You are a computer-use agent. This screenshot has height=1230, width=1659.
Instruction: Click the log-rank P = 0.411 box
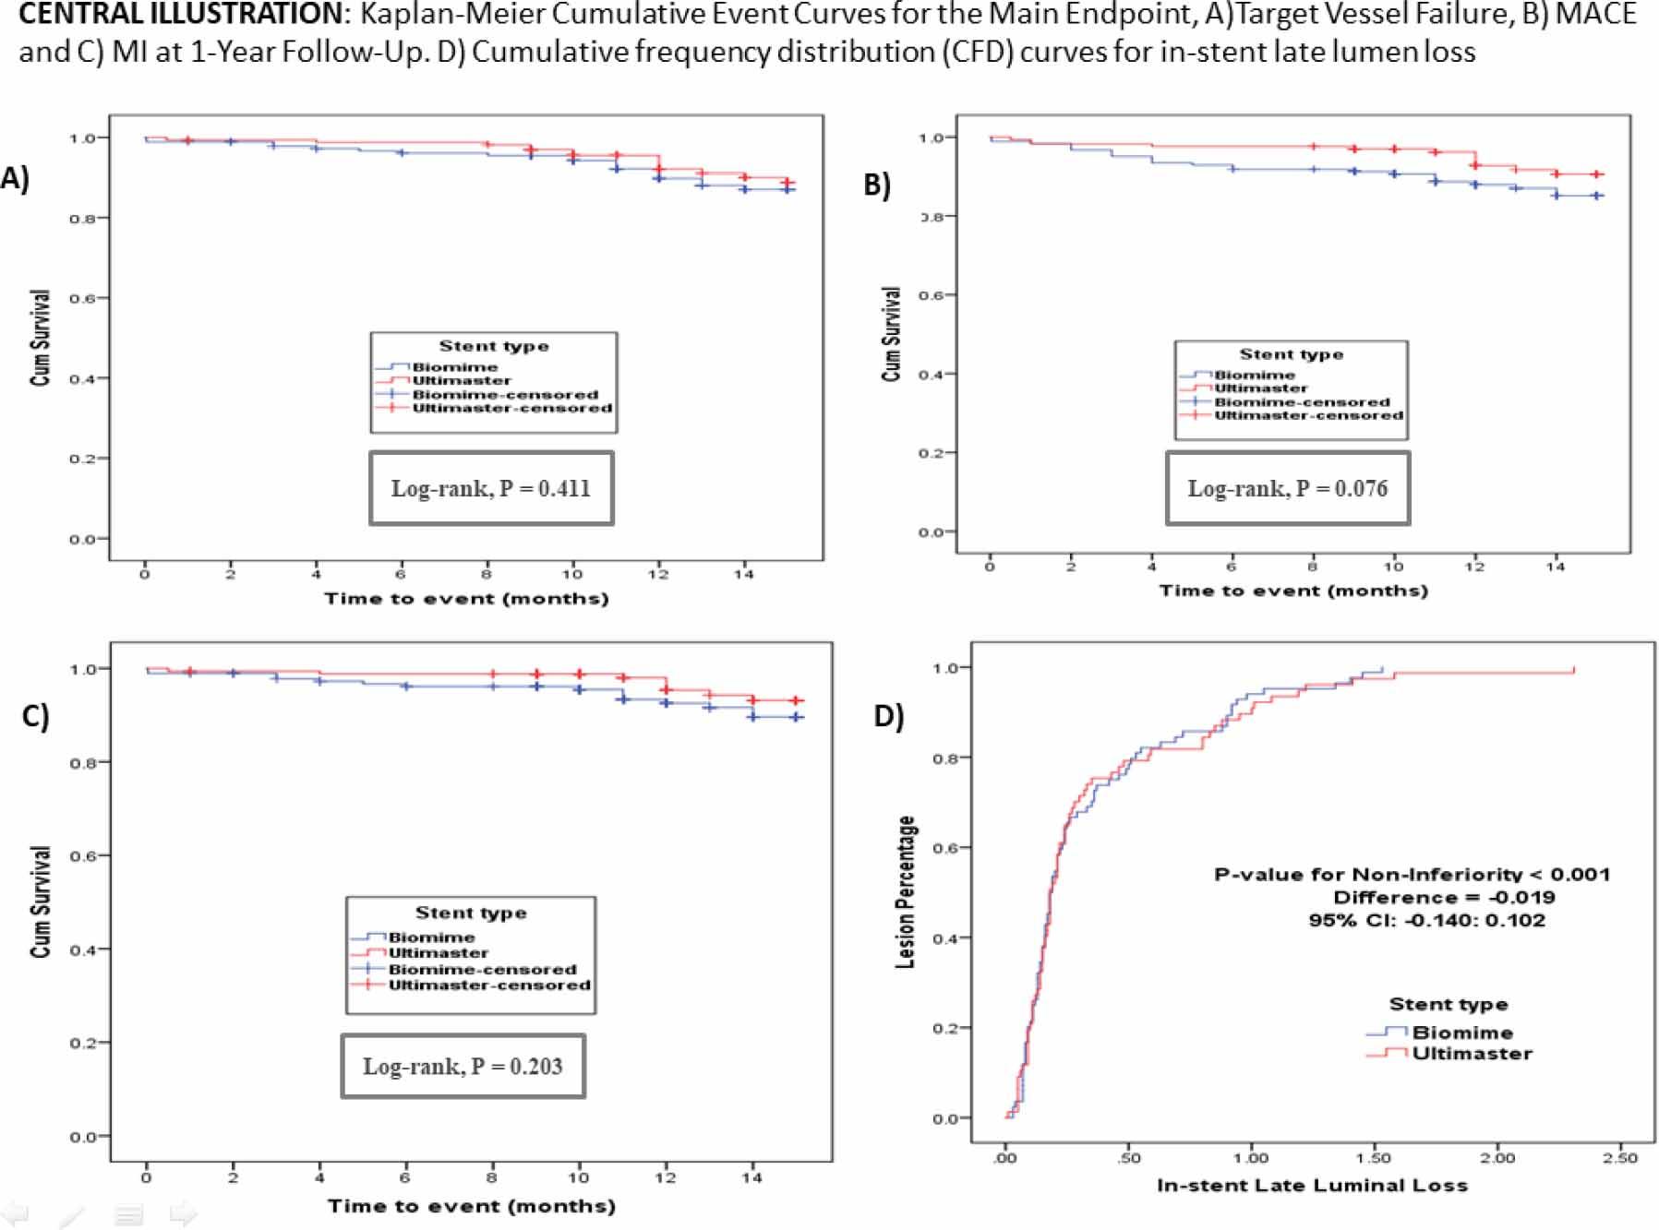coord(491,488)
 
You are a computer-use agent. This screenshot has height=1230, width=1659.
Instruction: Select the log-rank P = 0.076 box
coord(1287,488)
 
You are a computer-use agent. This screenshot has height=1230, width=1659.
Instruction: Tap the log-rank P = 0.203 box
coord(463,1067)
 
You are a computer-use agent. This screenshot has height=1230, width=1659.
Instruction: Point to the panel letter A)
coord(15,178)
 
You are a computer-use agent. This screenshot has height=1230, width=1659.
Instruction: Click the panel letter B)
coord(876,185)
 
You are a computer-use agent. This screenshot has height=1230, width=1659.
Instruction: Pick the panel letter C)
coord(35,716)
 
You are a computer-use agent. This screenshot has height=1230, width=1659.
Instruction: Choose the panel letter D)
coord(888,716)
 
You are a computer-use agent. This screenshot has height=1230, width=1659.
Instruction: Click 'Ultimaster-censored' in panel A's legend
coord(511,408)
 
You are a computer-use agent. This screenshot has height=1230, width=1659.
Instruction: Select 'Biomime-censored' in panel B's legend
coord(1301,402)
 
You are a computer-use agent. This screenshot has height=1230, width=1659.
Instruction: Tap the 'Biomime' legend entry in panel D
coord(1462,1033)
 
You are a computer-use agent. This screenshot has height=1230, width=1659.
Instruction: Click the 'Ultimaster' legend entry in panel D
coord(1472,1054)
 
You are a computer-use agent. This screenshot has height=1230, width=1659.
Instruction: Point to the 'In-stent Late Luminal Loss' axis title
coord(1312,1186)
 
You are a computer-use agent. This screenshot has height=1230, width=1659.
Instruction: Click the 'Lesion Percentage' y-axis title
coord(906,892)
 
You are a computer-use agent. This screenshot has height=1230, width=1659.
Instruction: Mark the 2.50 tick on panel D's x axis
coord(1620,1158)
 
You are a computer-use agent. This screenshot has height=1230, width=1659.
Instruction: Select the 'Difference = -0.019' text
coord(1444,898)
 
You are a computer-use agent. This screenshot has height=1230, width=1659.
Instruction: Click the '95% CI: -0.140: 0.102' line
coord(1426,920)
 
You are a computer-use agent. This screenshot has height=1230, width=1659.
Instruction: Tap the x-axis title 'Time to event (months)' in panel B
coord(1293,591)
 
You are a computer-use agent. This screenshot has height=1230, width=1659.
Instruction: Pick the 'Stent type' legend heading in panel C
coord(471,913)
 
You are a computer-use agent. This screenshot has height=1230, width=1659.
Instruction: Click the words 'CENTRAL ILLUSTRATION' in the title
coord(180,15)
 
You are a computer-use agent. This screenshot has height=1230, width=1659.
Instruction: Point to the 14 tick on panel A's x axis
coord(743,575)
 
